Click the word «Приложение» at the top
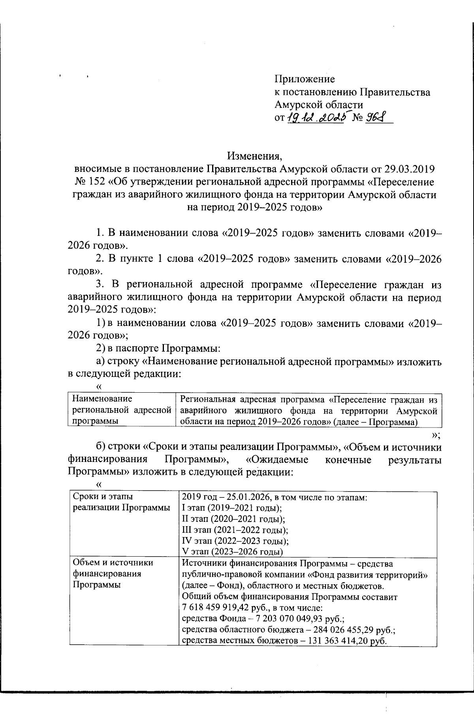click(x=305, y=79)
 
